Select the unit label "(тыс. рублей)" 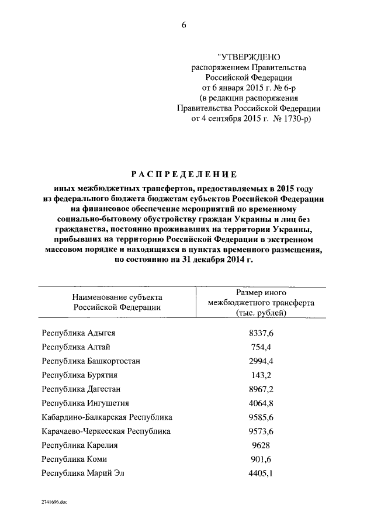261,313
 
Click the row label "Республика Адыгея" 78,333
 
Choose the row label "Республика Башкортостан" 91,361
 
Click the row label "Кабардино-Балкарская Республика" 107,417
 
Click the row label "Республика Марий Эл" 83,473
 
